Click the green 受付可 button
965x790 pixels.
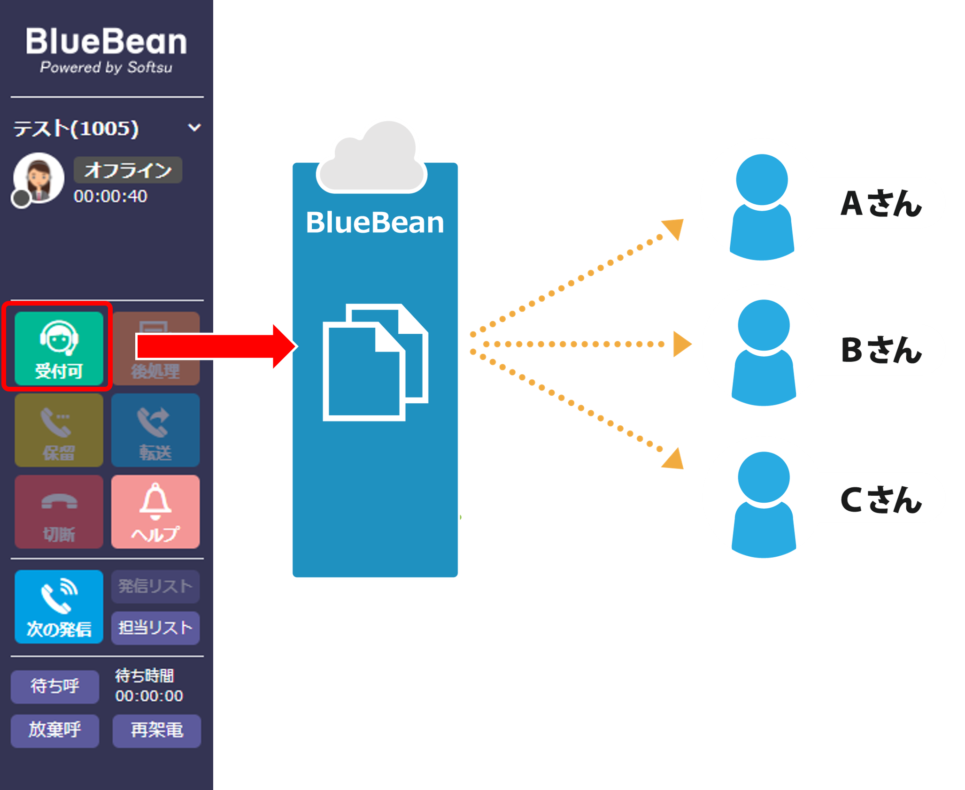[59, 348]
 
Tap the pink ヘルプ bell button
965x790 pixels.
[155, 512]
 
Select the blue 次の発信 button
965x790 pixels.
[59, 606]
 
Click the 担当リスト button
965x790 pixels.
[155, 628]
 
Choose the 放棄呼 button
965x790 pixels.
[55, 730]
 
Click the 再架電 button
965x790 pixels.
[157, 730]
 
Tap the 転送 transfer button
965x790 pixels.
[155, 430]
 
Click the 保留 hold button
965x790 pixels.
[59, 430]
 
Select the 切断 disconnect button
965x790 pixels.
[59, 512]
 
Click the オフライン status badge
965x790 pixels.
[128, 170]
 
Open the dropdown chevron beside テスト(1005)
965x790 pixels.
[194, 128]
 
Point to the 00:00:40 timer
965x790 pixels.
[110, 196]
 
